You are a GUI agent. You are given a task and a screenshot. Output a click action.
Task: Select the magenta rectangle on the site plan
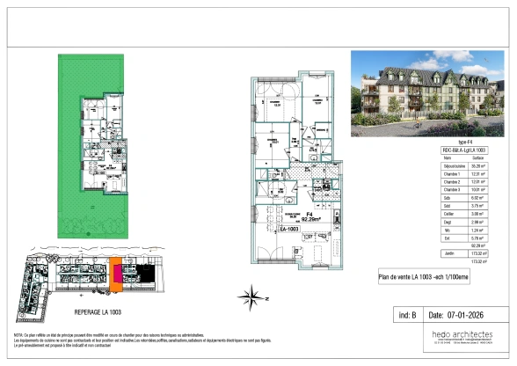pyautogui.click(x=115, y=281)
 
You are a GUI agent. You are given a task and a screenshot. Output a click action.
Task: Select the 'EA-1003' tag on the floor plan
pyautogui.click(x=288, y=229)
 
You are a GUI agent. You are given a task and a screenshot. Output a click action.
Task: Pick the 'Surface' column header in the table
pyautogui.click(x=478, y=157)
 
